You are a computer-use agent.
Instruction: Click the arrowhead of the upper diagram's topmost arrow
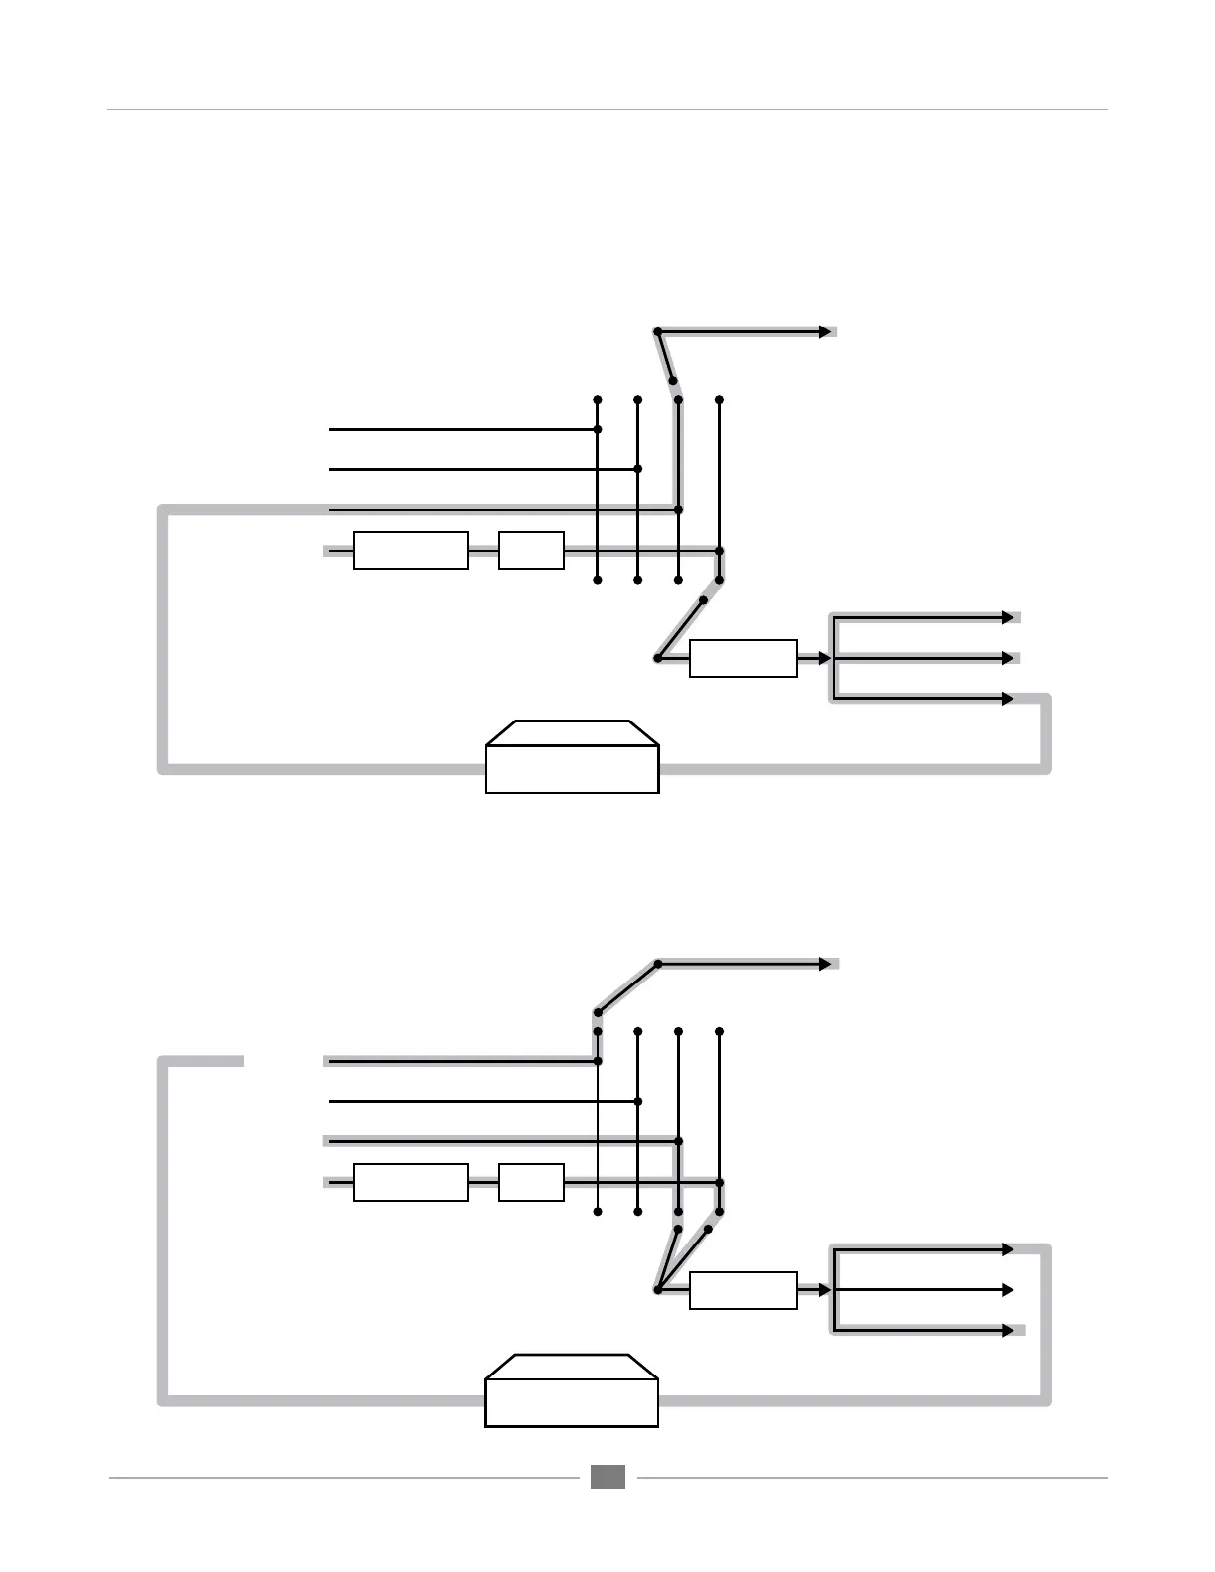point(825,331)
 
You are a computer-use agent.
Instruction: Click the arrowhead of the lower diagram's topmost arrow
point(825,964)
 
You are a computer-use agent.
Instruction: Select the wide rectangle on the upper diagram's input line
point(410,550)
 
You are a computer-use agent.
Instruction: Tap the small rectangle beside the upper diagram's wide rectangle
point(531,550)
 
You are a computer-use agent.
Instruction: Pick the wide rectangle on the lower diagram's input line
point(410,1182)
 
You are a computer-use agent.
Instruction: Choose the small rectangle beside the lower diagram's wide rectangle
point(531,1182)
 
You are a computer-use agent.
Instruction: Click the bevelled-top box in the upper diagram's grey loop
point(572,757)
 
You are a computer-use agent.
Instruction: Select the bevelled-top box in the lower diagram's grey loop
point(572,1390)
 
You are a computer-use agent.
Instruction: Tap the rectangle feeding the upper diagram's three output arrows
point(742,659)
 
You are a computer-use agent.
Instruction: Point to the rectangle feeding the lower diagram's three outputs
point(742,1290)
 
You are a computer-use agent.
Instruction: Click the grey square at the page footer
point(607,1477)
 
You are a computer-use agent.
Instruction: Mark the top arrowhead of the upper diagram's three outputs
point(1008,617)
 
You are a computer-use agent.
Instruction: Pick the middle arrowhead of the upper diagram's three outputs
point(1008,658)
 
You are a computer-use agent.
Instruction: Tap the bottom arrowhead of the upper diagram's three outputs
point(1008,699)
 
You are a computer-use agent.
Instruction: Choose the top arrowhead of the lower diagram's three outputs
point(1008,1249)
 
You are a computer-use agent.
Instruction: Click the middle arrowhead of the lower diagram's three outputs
point(1008,1290)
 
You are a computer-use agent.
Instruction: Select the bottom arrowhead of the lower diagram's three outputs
point(1008,1330)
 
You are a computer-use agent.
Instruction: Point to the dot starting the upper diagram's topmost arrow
point(657,331)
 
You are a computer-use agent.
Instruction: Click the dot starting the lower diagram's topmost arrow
point(657,964)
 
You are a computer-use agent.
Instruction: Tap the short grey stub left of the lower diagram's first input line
point(203,1061)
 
